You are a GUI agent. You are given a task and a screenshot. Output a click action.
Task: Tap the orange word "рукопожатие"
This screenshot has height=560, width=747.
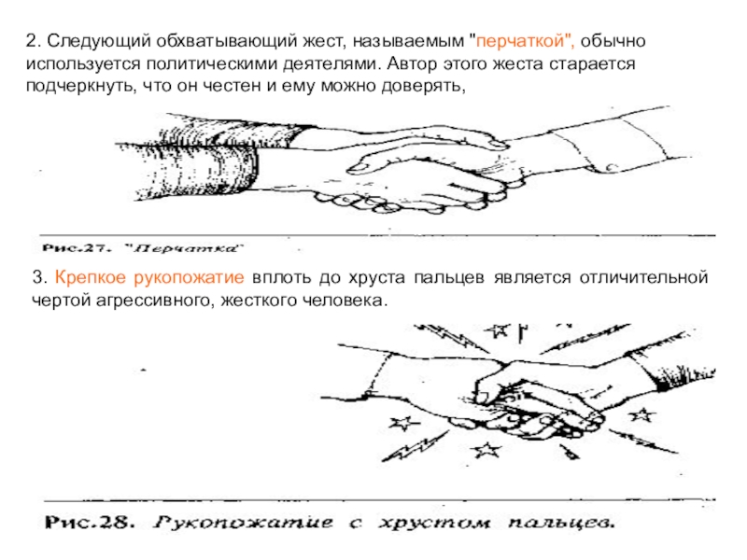[190, 277]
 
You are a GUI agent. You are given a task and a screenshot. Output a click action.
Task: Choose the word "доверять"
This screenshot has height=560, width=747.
[423, 87]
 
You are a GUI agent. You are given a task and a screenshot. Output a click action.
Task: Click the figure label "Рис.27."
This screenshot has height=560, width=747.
[76, 248]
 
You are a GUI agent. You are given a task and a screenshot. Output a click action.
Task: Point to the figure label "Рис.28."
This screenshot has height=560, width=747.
[89, 523]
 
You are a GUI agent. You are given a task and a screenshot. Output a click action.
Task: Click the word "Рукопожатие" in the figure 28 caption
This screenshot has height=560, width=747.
[244, 523]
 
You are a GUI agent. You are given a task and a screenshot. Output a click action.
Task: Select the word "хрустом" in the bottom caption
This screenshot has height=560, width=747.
[434, 523]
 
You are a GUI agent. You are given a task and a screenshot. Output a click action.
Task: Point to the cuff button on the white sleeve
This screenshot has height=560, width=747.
[612, 168]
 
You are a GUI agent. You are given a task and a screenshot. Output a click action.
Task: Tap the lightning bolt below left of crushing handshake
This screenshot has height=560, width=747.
[415, 447]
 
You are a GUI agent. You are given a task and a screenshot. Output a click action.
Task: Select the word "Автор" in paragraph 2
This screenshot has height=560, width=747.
[416, 63]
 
